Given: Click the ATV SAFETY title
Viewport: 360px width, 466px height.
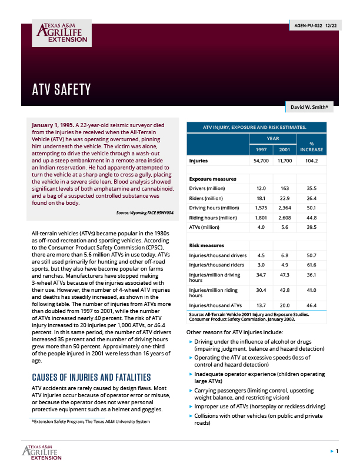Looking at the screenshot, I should pyautogui.click(x=61, y=89).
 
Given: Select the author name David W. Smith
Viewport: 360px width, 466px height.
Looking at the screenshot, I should pyautogui.click(x=311, y=108).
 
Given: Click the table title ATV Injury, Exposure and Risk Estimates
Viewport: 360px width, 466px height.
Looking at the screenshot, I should pyautogui.click(x=255, y=127).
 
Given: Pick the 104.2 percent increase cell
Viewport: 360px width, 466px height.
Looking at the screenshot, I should pyautogui.click(x=308, y=161).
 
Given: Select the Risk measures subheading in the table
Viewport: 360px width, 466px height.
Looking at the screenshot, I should pyautogui.click(x=207, y=245).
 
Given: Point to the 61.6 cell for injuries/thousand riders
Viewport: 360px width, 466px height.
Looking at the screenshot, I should pyautogui.click(x=308, y=265).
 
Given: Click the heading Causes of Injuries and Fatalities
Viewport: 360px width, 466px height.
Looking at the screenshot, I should pyautogui.click(x=91, y=377).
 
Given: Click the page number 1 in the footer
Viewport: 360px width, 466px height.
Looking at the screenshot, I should pyautogui.click(x=336, y=451).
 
